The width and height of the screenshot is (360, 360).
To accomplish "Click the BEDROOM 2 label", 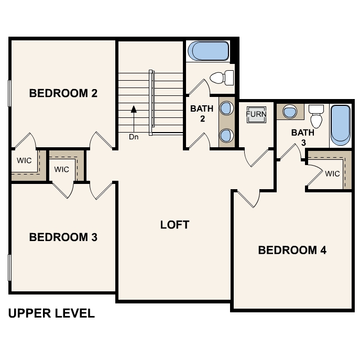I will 63,94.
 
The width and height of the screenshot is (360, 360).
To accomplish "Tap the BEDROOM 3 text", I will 63,237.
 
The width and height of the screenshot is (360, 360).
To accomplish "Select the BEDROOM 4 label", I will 292,250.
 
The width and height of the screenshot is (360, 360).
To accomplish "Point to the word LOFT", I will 174,225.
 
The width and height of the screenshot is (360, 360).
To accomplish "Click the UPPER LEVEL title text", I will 51,314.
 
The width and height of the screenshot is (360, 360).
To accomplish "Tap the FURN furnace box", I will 256,114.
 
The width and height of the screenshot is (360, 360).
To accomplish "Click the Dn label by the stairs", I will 134,137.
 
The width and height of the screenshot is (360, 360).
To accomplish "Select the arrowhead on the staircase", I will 134,110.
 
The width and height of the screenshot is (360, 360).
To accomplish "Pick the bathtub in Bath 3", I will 340,125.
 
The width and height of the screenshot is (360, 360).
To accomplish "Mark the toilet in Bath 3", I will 315,116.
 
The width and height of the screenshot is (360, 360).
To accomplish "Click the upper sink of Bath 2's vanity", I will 226,108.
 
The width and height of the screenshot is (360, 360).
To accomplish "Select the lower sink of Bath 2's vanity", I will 226,136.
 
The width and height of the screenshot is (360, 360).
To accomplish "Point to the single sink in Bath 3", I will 289,111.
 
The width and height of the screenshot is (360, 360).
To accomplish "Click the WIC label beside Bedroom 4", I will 332,174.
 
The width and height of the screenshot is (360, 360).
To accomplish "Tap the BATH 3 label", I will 303,137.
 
